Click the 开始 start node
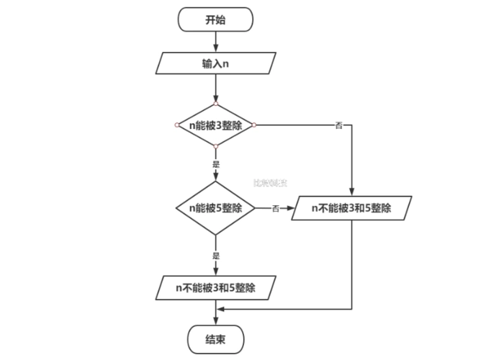click(x=215, y=19)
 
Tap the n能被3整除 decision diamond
click(x=215, y=125)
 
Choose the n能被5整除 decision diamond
click(x=215, y=208)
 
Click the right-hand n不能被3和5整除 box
click(x=351, y=208)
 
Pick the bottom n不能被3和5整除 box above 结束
click(x=215, y=288)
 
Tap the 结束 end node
click(x=215, y=339)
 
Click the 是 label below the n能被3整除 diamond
click(x=215, y=164)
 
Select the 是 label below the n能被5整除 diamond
click(x=215, y=256)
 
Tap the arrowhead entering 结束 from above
click(x=215, y=322)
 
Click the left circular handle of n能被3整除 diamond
click(x=177, y=125)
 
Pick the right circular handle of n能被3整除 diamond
click(x=253, y=125)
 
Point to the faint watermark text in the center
click(x=271, y=183)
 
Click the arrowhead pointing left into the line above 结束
click(x=220, y=310)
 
